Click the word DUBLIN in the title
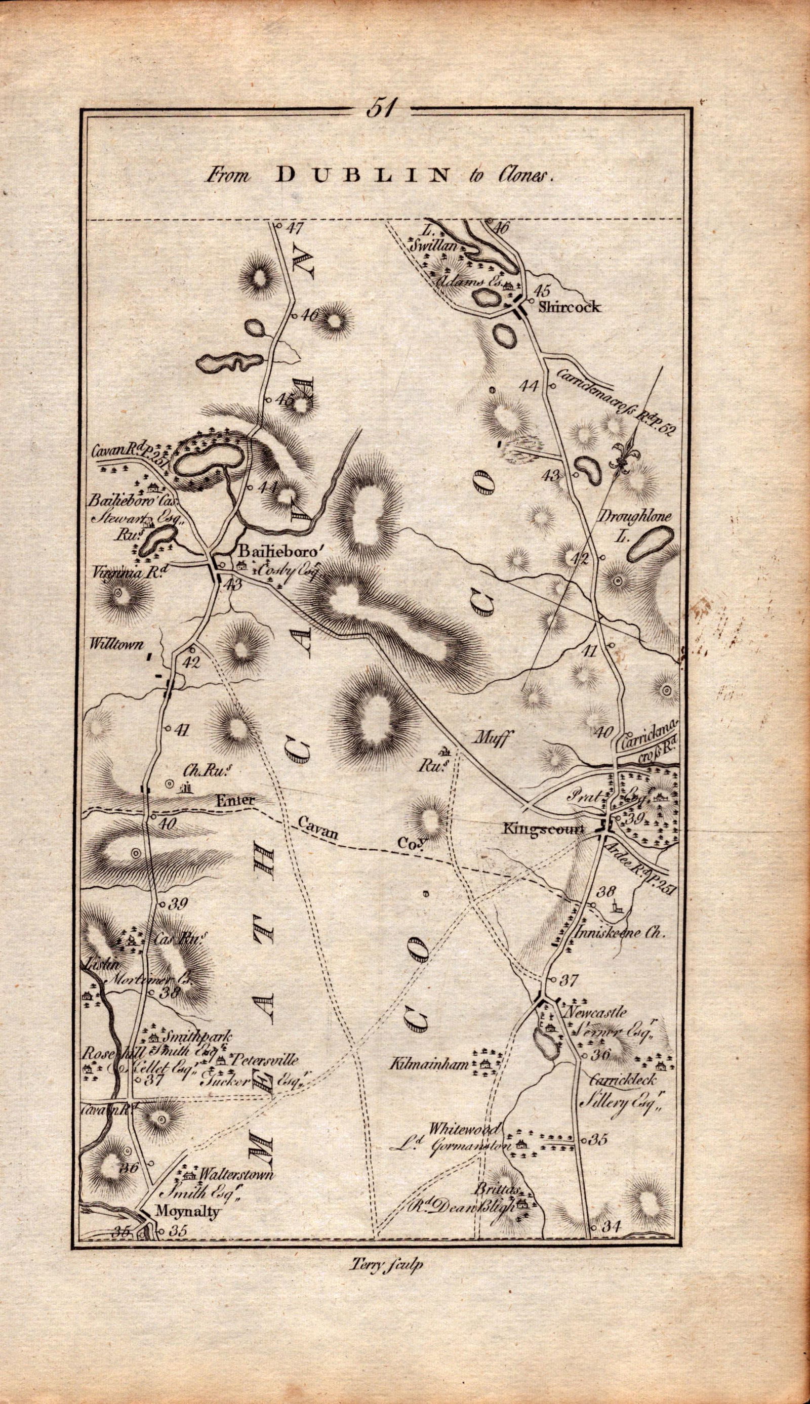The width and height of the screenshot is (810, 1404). [362, 176]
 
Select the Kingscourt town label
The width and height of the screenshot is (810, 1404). [544, 828]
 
